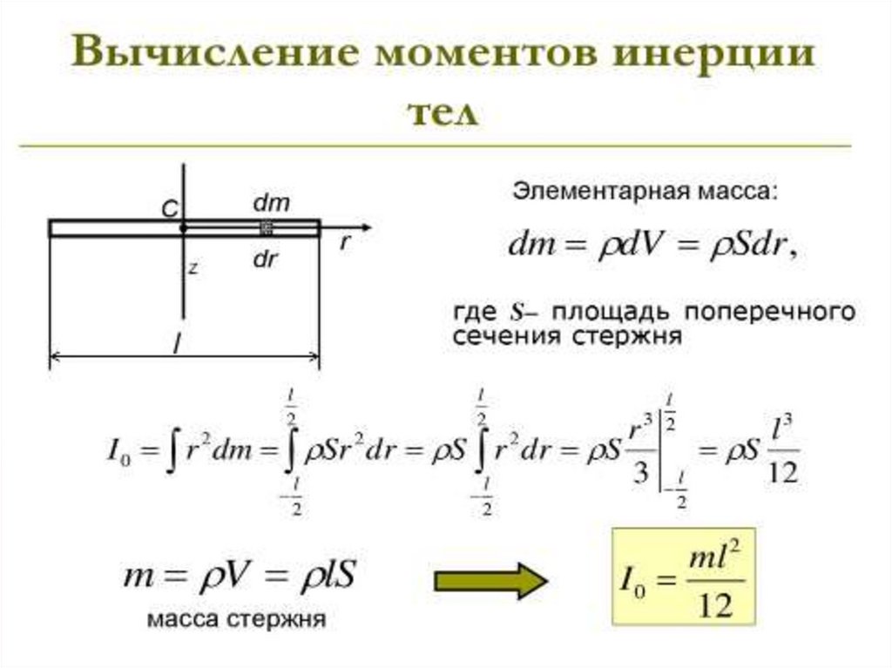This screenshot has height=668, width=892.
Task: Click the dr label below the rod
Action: point(266,259)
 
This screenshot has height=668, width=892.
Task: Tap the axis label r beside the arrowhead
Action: point(345,244)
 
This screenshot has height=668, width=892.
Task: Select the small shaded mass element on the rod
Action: point(267,228)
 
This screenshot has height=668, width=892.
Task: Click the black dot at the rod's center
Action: point(183,228)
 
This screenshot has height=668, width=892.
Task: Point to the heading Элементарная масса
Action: point(641,191)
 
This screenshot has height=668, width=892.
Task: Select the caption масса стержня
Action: point(236,620)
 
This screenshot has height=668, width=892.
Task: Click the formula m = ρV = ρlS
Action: point(238,577)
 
